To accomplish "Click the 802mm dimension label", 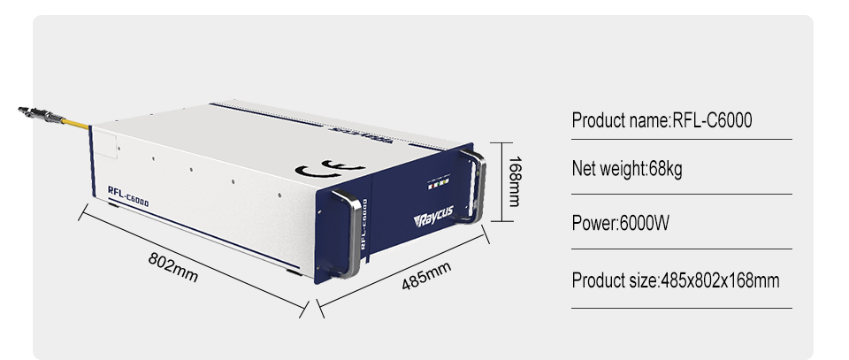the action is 173,267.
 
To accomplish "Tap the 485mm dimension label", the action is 426,276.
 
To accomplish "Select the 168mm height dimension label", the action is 514,181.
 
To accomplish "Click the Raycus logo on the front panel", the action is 433,216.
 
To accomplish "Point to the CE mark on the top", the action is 329,169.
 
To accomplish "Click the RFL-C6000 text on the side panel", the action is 127,196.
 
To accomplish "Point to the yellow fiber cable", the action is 77,124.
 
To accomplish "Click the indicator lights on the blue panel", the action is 439,184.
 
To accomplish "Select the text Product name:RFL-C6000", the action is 662,120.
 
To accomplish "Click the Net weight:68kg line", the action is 627,169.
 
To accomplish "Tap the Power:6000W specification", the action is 621,223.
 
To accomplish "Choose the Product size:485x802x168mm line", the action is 676,280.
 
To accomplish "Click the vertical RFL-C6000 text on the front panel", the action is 364,224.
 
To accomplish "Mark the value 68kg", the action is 665,169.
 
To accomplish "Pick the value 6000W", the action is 645,223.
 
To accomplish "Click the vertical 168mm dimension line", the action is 502,182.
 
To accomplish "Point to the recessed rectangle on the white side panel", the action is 106,145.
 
